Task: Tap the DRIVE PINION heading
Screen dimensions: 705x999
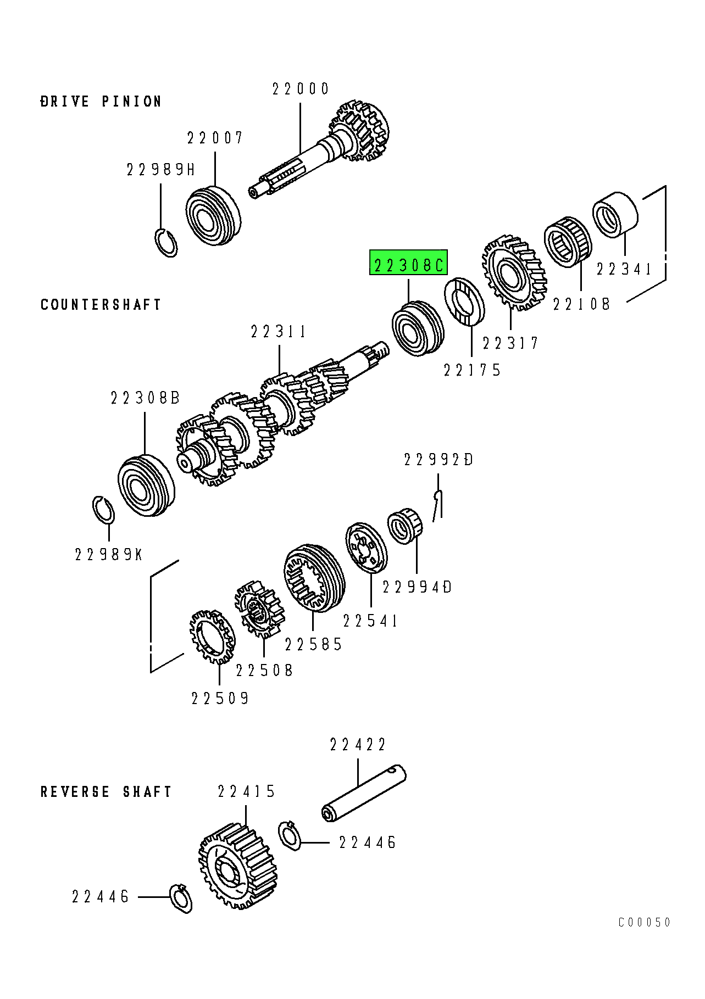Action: coord(101,102)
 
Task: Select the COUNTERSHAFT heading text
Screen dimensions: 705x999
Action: coord(101,305)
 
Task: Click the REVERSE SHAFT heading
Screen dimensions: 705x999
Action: coord(106,792)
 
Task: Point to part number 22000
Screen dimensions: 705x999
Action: coord(301,89)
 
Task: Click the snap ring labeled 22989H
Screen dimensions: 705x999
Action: coord(165,242)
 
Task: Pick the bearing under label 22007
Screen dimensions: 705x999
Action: coord(212,215)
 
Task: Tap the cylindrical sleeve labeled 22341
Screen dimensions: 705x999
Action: coord(615,215)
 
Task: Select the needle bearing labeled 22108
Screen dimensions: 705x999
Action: coord(568,242)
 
